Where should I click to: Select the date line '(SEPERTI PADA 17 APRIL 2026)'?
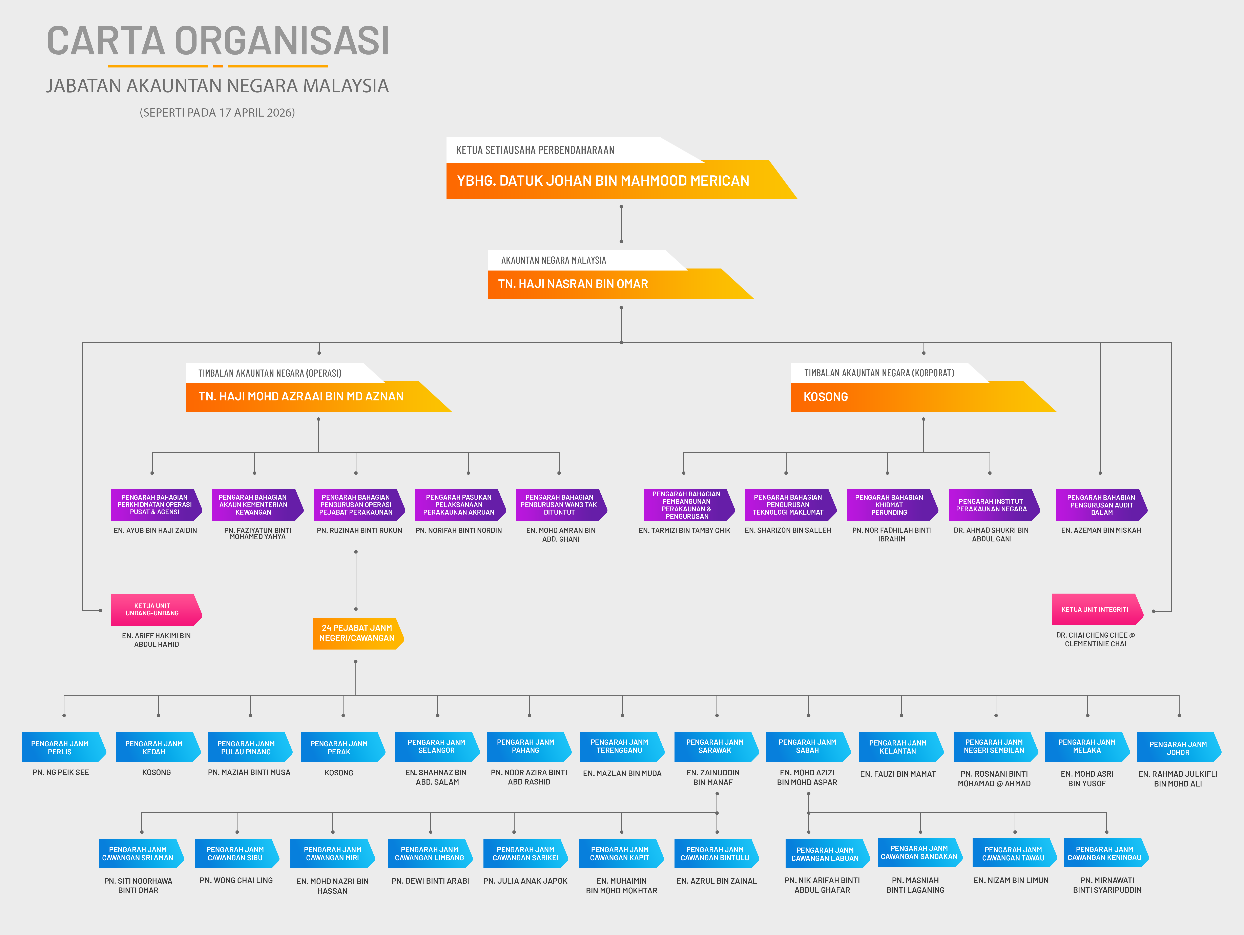pos(217,113)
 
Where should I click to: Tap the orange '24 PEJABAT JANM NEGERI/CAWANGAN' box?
pos(357,633)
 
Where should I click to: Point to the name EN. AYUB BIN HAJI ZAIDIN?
pos(155,531)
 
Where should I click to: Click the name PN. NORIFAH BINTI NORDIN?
pos(458,531)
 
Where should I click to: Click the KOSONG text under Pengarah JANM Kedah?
pos(156,772)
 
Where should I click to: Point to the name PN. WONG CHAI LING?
pos(236,880)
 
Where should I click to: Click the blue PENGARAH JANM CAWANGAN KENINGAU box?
pos(1104,853)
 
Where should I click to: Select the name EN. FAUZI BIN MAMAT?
pos(898,774)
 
